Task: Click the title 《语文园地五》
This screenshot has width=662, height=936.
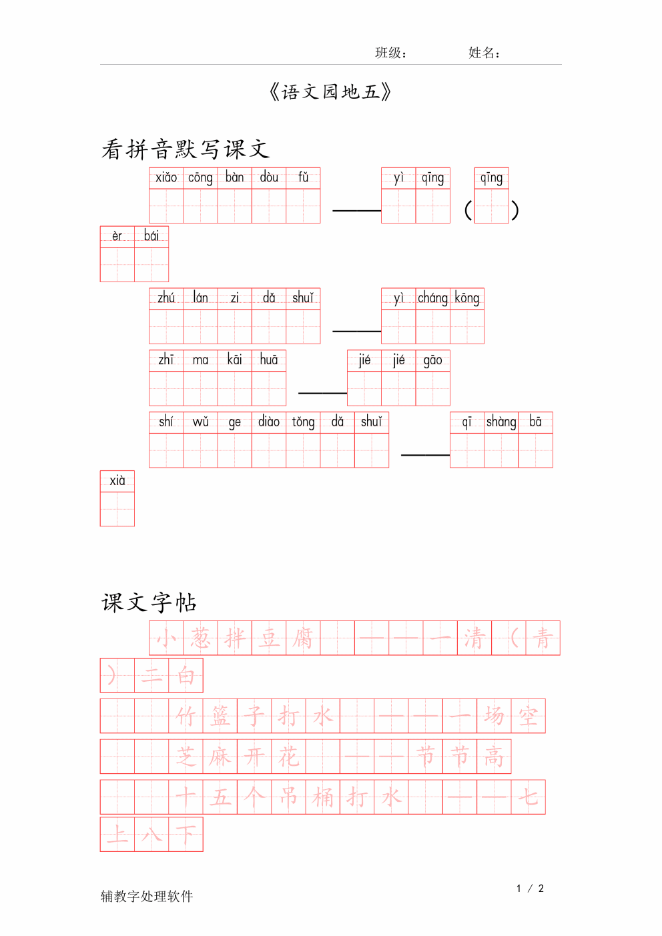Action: (x=330, y=92)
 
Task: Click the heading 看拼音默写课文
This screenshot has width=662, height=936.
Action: (x=186, y=149)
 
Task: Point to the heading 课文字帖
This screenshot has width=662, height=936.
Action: (x=149, y=602)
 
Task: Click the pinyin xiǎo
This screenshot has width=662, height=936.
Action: (x=166, y=177)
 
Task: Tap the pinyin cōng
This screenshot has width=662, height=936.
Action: (x=200, y=178)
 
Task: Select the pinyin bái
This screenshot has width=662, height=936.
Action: (x=151, y=236)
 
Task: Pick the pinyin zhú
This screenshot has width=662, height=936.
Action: (x=166, y=298)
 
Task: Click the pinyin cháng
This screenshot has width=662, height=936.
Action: (x=432, y=298)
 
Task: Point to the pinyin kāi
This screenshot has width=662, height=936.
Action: (x=234, y=360)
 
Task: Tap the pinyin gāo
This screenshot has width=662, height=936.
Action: (x=432, y=360)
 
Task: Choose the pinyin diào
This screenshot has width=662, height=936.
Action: (x=269, y=421)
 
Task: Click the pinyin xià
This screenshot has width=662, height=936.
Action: (x=117, y=480)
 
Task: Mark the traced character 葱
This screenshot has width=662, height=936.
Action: (x=200, y=638)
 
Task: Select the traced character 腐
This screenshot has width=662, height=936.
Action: (x=303, y=638)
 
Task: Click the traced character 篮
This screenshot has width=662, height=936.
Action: (x=220, y=717)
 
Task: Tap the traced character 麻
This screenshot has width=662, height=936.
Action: (x=220, y=757)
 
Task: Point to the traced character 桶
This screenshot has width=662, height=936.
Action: (x=322, y=797)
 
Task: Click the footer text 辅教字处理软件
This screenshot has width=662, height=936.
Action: (x=147, y=896)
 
